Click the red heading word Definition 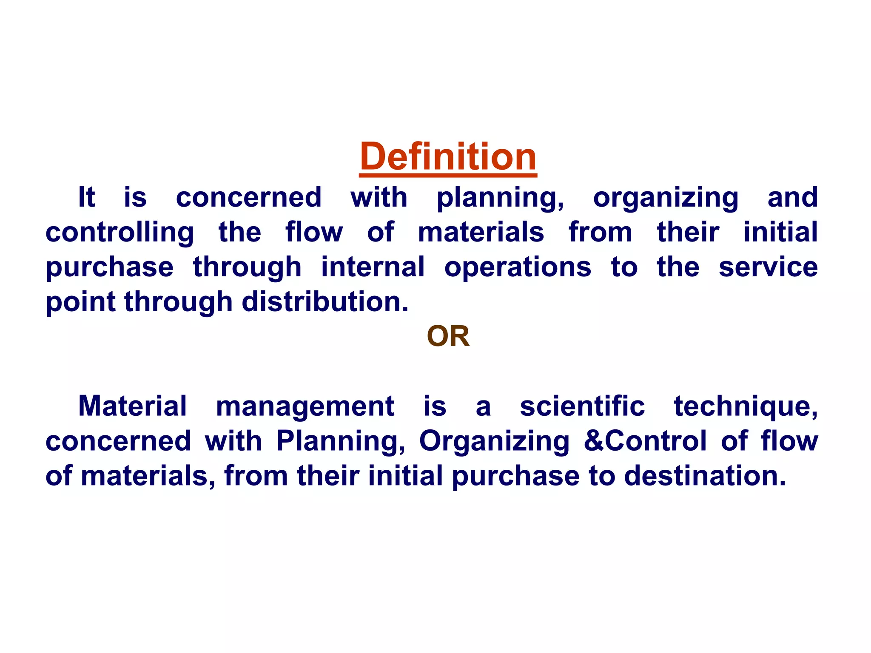[448, 156]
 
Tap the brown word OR [448, 336]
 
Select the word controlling [120, 233]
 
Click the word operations [518, 268]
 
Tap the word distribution [321, 302]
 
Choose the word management [305, 406]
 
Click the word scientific [582, 406]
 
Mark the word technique [745, 406]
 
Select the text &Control [645, 441]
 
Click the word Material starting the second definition [132, 406]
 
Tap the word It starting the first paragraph [86, 198]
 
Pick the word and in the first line [792, 198]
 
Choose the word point [80, 303]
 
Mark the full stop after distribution [404, 309]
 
